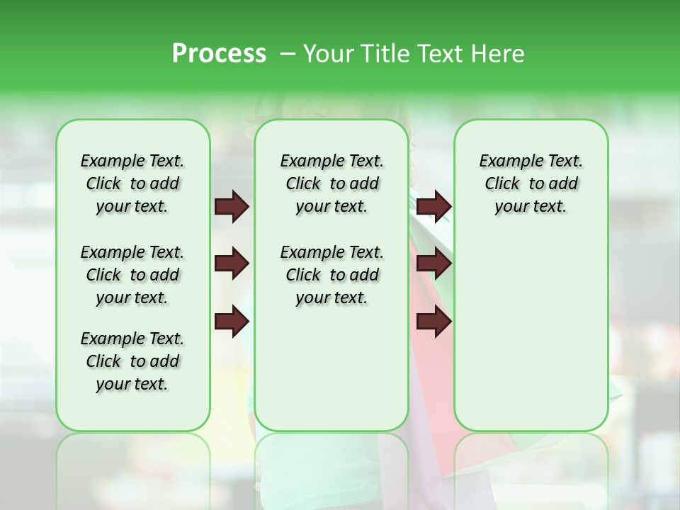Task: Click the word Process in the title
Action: pos(219,54)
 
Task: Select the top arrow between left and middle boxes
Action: pos(232,207)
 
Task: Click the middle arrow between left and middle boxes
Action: pos(232,264)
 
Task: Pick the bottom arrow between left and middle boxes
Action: pos(232,322)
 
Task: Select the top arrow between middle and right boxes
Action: pos(433,207)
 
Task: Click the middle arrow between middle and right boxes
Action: pos(433,264)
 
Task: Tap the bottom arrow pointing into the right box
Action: pos(433,322)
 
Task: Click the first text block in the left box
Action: pos(132,183)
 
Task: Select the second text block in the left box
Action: pos(132,275)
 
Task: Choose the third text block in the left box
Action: pos(132,361)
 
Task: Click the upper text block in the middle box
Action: pos(331,183)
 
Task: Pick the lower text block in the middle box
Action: pos(331,275)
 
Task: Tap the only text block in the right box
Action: pos(531,183)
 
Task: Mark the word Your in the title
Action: pos(328,54)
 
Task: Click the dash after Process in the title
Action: pos(288,54)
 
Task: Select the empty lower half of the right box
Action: pos(531,333)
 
